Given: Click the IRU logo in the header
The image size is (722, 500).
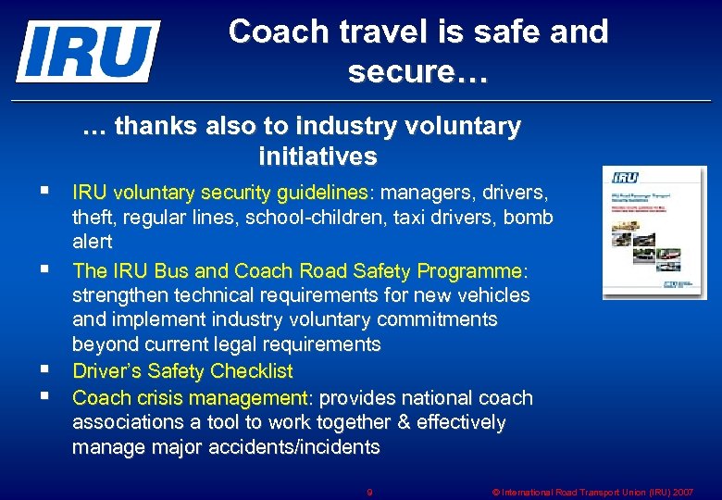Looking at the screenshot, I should [88, 51].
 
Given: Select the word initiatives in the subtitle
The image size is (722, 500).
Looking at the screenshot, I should [317, 156].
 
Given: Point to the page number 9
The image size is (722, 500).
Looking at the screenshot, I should [369, 492].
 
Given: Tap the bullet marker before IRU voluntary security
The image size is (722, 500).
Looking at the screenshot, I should [45, 193].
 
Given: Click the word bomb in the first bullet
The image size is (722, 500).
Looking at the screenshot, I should [530, 218].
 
